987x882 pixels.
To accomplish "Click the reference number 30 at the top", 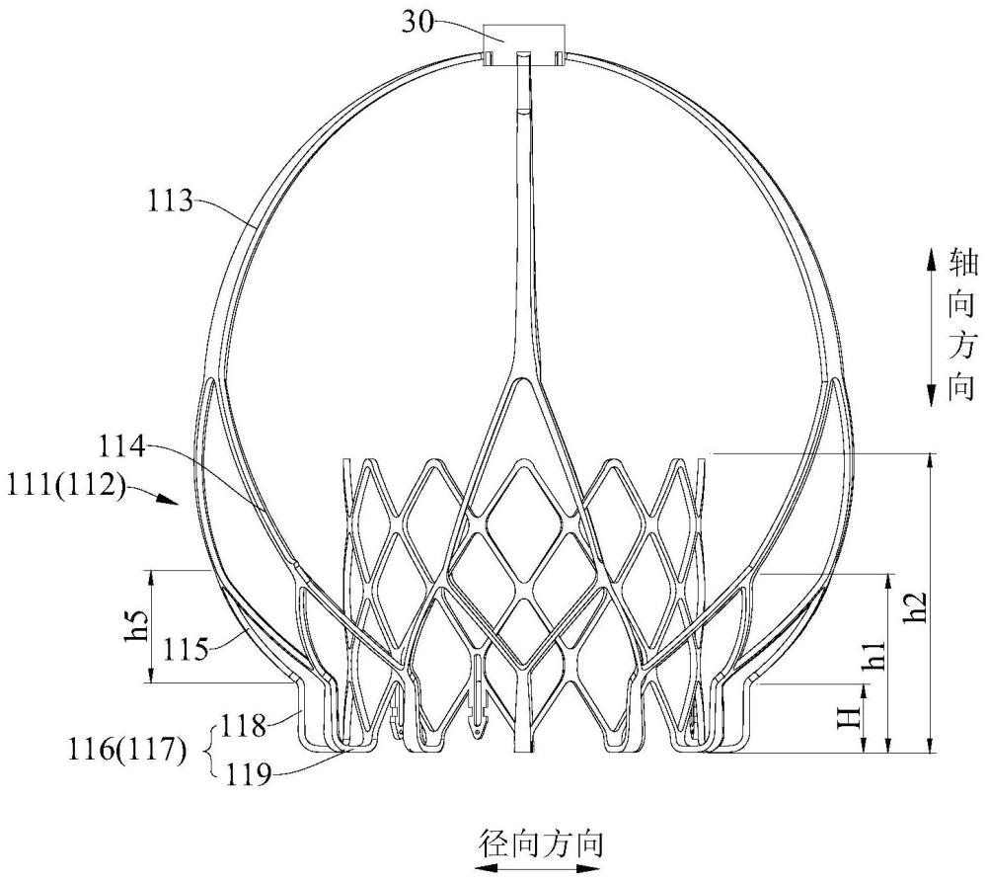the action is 418,24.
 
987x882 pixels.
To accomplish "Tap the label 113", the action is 170,201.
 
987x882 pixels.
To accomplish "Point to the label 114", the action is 121,448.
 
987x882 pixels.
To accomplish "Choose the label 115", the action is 186,649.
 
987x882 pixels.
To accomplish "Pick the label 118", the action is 242,726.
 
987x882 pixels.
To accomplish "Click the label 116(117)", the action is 127,751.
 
